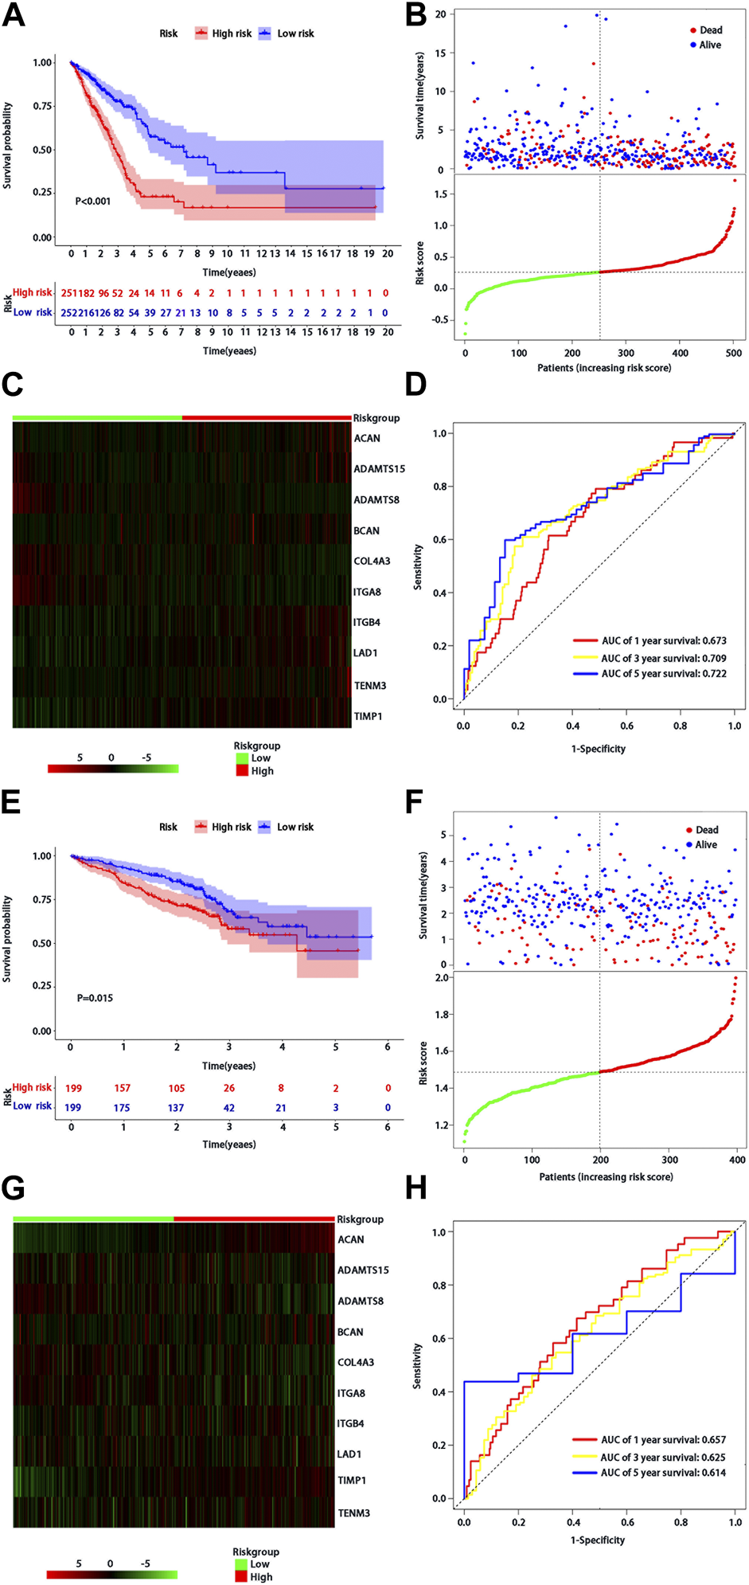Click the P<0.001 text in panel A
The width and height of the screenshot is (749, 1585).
pos(92,201)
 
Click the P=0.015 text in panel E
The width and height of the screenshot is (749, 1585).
pos(95,997)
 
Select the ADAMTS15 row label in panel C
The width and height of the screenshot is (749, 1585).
pos(379,468)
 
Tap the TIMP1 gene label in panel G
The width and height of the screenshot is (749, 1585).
pos(351,1480)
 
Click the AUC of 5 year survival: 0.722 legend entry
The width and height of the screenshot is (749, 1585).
pos(663,673)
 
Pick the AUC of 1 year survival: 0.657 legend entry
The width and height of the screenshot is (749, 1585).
pos(662,1439)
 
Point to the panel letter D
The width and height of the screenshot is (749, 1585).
pos(415,384)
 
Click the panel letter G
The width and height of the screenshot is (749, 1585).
pos(14,1188)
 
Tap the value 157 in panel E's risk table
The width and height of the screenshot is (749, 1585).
pos(122,1088)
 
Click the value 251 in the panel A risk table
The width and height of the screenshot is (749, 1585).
pos(68,293)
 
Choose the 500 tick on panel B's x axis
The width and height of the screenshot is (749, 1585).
pos(734,353)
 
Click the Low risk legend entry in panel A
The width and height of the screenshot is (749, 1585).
pos(295,33)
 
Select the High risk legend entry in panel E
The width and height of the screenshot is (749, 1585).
pos(231,827)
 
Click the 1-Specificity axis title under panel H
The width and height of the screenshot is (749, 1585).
pos(597,1540)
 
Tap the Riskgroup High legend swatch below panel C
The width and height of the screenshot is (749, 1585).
pos(242,770)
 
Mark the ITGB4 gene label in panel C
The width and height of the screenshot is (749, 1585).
pos(367,622)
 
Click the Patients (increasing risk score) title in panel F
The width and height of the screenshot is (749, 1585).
pos(605,1176)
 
